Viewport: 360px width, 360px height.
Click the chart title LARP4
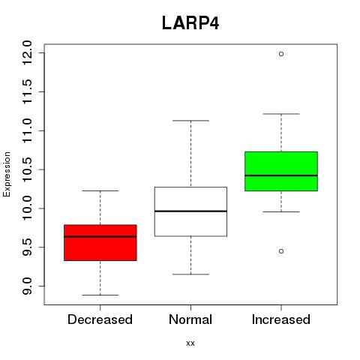coord(190,23)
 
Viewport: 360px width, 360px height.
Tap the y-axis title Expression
coord(7,174)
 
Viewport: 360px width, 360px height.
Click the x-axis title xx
coord(190,343)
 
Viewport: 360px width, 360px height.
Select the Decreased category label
coord(100,319)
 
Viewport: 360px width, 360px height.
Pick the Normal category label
coord(190,319)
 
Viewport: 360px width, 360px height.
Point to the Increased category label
coord(281,319)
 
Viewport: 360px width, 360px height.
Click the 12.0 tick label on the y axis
coord(27,53)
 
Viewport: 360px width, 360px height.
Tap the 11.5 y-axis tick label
coord(27,91)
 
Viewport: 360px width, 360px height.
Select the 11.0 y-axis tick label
coord(27,130)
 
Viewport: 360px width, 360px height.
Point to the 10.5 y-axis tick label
coord(27,169)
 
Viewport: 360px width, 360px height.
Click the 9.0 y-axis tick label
coord(27,286)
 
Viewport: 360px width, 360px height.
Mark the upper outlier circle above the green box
coord(281,54)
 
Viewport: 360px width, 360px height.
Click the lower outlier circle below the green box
coord(281,251)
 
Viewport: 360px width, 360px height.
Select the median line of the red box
coord(100,236)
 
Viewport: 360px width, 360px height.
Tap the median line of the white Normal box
coord(190,211)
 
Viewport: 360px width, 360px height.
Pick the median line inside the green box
coord(281,175)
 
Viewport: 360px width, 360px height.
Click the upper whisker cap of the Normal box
coord(191,121)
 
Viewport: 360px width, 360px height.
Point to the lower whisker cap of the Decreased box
coord(100,295)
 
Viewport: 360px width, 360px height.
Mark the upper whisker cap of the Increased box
coord(281,114)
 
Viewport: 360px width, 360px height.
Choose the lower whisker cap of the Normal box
coord(191,274)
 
